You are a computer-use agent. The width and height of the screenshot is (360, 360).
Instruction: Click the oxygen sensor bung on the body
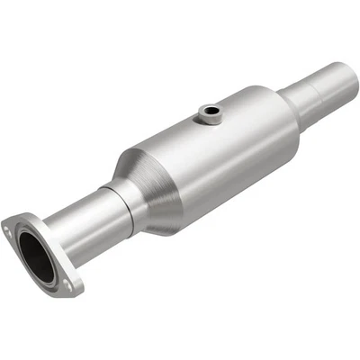click(210, 113)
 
